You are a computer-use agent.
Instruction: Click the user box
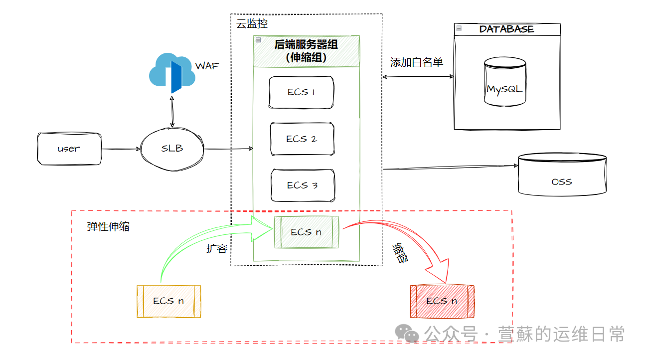tap(69, 149)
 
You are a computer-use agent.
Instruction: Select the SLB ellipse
tap(172, 149)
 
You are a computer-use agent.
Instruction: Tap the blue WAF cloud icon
tap(172, 74)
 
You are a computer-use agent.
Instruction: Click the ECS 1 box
tap(301, 92)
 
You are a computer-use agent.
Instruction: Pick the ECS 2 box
tap(302, 139)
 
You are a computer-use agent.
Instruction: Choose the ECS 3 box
tap(303, 185)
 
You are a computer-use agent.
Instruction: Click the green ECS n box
tap(307, 232)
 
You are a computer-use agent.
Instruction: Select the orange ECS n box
tap(168, 301)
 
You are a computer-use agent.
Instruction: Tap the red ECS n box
tap(442, 301)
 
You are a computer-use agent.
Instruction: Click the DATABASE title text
tap(506, 29)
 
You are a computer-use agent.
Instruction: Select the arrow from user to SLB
tap(121, 149)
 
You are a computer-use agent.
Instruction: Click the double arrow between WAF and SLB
tap(172, 113)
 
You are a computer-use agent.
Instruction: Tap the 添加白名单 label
tap(417, 62)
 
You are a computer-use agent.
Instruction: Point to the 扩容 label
tap(217, 248)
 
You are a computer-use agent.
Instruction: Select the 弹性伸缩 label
tap(108, 226)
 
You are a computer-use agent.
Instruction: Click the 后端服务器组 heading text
tap(306, 44)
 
